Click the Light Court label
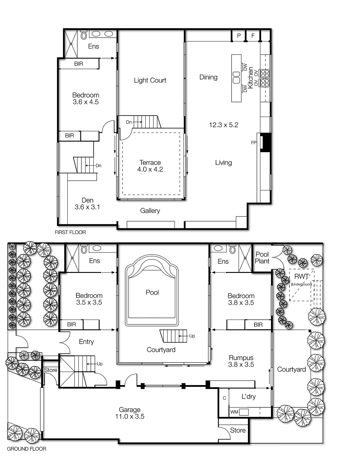pos(150,80)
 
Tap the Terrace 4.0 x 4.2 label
pos(150,166)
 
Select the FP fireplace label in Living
pos(254,143)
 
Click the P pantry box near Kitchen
pos(239,36)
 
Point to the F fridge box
pos(253,36)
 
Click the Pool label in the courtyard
pos(152,292)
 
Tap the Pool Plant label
pos(262,258)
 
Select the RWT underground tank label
pos(301,277)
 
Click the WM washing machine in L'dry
pos(234,412)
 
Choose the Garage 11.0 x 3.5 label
pos(130,413)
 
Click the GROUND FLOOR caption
pos(26,449)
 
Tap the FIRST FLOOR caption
pos(70,232)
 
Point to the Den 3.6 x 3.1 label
pos(87,204)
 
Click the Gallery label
pos(150,211)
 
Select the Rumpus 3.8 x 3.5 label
pos(241,361)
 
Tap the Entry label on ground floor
pos(86,342)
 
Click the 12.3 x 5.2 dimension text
pos(223,125)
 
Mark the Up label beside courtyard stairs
pos(192,336)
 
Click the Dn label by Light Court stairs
pos(129,122)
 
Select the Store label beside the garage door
pos(238,430)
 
